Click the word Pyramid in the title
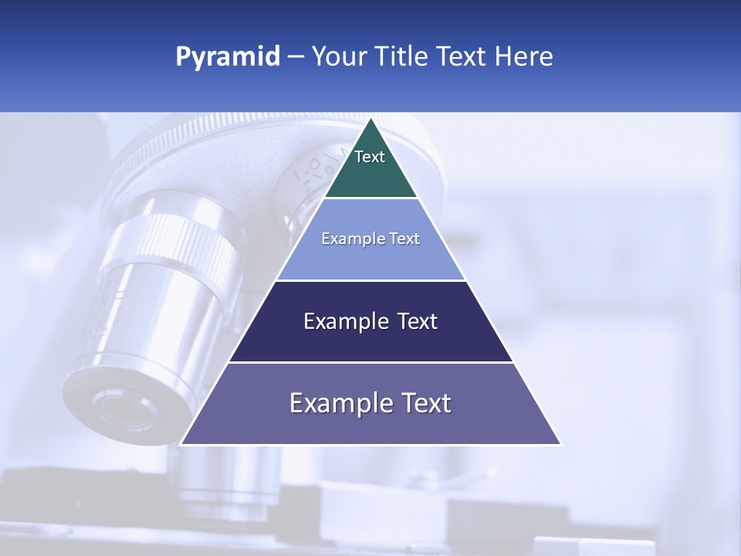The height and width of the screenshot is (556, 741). [227, 57]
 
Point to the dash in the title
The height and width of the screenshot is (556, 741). [295, 57]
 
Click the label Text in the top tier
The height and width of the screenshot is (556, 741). [370, 157]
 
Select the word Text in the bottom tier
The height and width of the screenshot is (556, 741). [423, 403]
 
